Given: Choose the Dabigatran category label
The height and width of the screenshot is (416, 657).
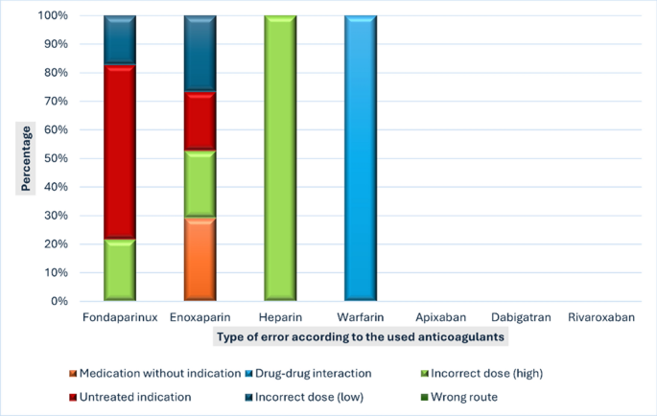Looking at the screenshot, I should pyautogui.click(x=520, y=317).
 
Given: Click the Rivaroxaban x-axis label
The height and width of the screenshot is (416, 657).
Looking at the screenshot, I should pyautogui.click(x=600, y=317).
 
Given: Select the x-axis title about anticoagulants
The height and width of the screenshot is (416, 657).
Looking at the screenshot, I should pyautogui.click(x=360, y=337).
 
